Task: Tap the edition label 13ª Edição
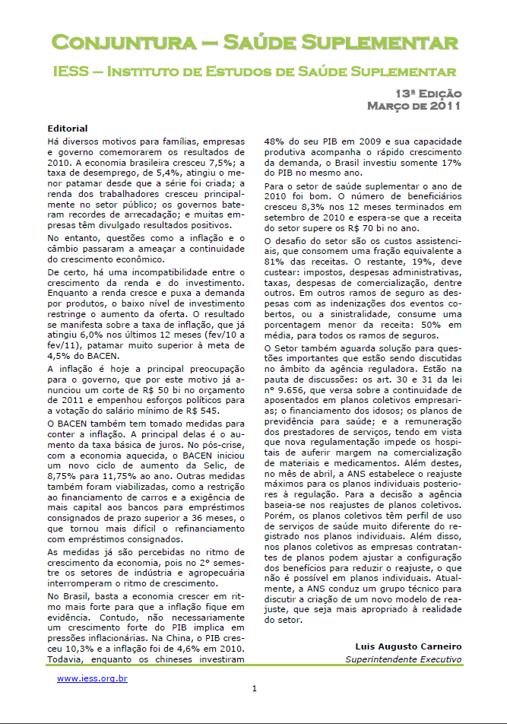pos(427,93)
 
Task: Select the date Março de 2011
pos(414,106)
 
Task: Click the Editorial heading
pos(67,129)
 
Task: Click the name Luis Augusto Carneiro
pos(408,646)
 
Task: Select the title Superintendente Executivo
pos(403,659)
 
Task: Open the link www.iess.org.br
pos(92,678)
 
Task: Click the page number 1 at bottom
pos(255,689)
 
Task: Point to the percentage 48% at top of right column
pos(274,140)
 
